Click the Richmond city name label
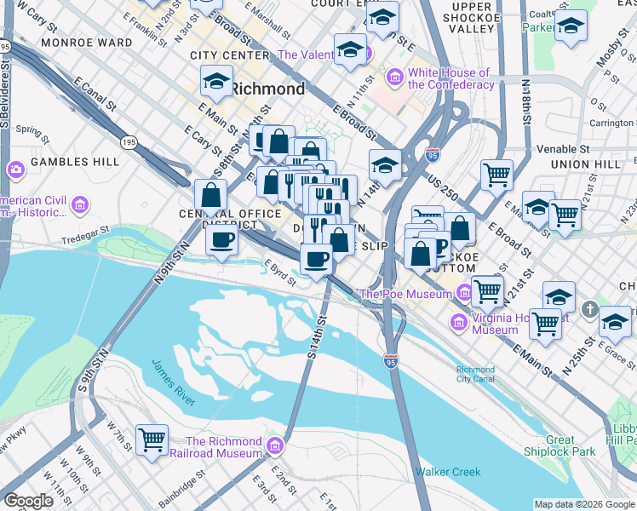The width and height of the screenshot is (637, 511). pos(267,89)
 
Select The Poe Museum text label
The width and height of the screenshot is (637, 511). pos(408,295)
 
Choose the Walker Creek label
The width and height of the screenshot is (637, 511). pos(448,472)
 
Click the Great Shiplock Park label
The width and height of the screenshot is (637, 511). pos(571,446)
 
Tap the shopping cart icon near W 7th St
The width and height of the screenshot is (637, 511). pos(152,440)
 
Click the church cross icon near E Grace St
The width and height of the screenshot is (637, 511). pos(591,313)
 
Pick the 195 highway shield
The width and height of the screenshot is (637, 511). pos(129,141)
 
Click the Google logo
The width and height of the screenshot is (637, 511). pos(28,501)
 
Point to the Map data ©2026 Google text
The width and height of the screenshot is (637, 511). pos(583,504)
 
